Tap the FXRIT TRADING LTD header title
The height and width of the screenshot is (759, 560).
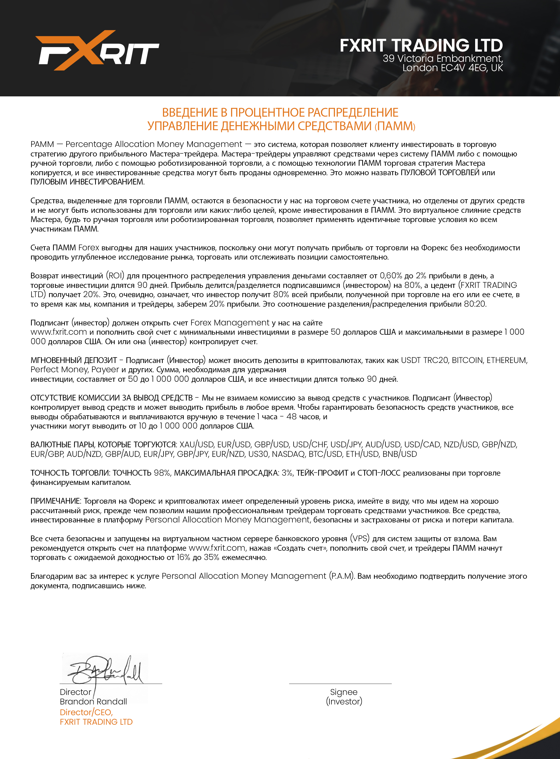coord(421,45)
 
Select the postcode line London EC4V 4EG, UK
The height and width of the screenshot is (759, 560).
coord(453,68)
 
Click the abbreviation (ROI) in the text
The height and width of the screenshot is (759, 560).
coord(115,276)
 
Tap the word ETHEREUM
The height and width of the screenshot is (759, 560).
coord(507,360)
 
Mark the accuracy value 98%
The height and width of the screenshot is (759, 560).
coord(162,473)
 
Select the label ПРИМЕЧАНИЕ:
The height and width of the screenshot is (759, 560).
coord(56,501)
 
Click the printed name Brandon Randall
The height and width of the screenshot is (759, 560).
coord(93,701)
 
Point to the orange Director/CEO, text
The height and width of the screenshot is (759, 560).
coord(86,712)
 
